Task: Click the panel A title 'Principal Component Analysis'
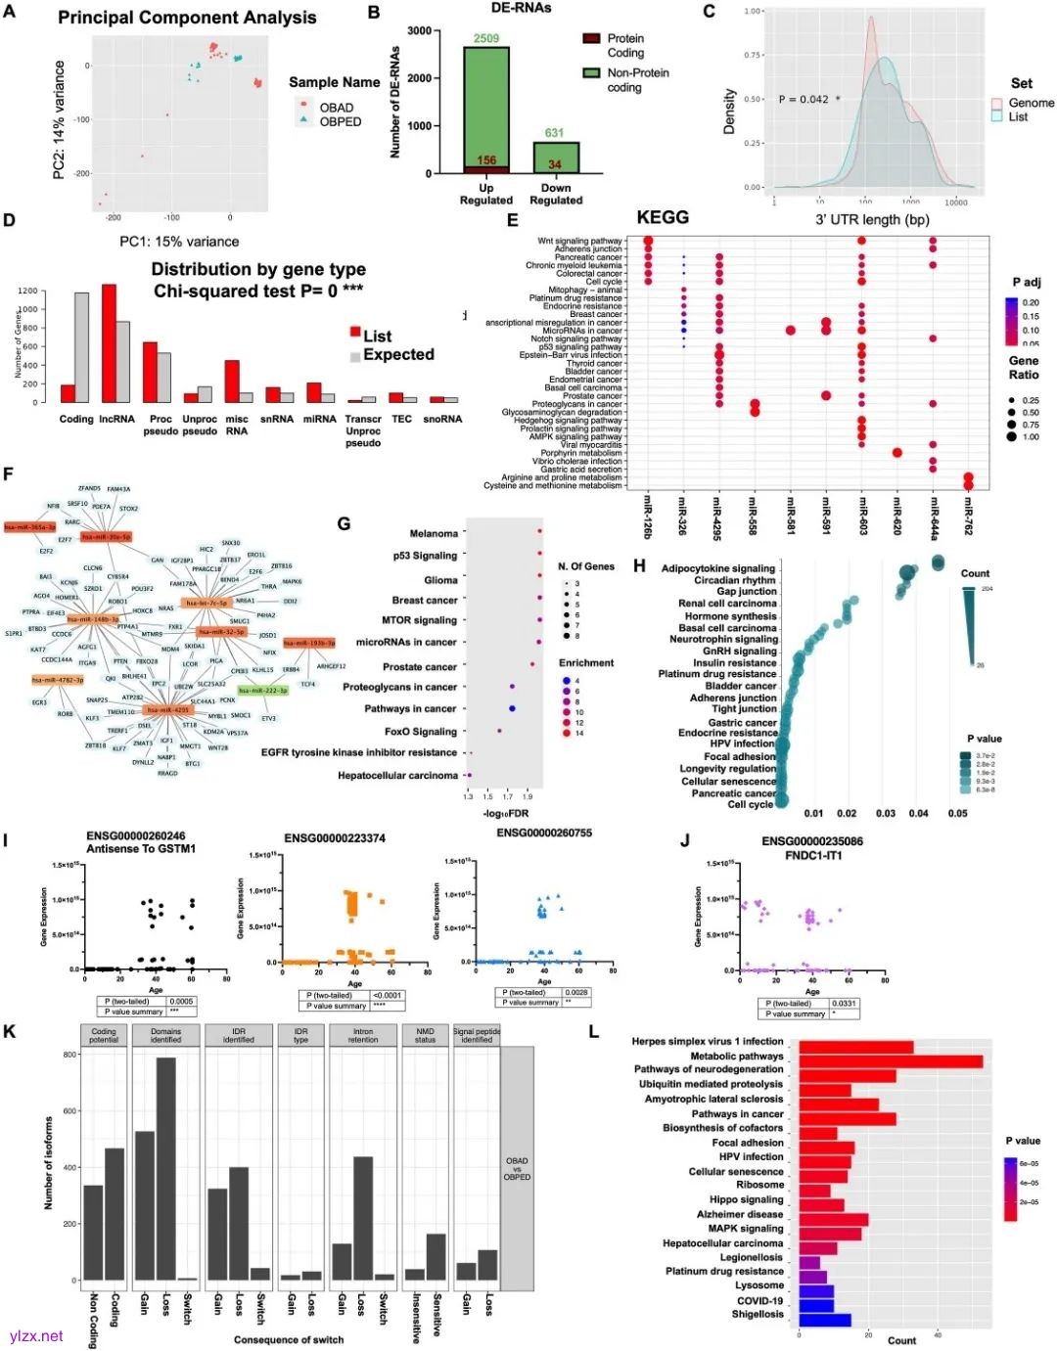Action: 187,18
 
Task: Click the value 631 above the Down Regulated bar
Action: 555,133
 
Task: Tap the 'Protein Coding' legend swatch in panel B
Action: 591,39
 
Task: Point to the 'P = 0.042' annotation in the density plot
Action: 804,99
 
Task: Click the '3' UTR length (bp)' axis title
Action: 872,220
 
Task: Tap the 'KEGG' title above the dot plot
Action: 663,217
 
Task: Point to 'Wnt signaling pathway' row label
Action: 579,241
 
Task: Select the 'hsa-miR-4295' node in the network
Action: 167,710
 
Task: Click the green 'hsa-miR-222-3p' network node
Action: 262,691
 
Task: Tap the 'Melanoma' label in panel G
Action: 434,534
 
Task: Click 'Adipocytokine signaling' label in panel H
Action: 717,568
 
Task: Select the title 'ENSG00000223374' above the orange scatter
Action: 335,838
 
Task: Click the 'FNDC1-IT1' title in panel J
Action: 813,856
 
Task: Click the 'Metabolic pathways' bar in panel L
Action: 890,1061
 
